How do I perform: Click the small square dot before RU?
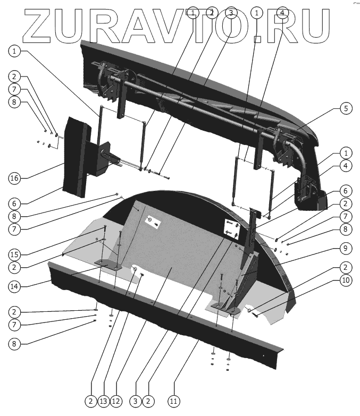click(x=258, y=38)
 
